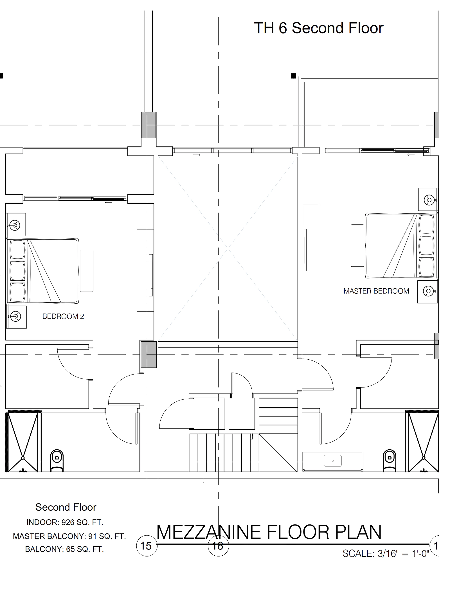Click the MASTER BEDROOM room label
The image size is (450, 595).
(376, 291)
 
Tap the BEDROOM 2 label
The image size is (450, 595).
(63, 316)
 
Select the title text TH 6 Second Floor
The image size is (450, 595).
(319, 28)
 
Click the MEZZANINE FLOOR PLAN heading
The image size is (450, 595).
(269, 532)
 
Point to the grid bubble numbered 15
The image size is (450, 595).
(146, 546)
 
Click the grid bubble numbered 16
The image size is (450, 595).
(218, 546)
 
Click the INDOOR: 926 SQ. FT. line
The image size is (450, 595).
(65, 522)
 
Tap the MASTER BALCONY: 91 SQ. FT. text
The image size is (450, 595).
(69, 536)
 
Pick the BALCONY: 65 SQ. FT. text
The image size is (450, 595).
(64, 549)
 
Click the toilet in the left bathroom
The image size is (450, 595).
(57, 461)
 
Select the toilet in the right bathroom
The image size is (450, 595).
(390, 461)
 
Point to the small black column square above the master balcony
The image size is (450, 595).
(293, 76)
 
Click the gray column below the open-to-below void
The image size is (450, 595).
(149, 354)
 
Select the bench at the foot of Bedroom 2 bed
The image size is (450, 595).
(87, 271)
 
